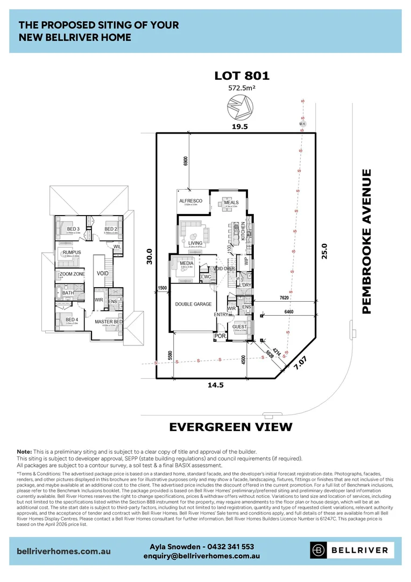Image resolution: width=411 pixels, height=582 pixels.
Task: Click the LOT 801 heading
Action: pos(242,75)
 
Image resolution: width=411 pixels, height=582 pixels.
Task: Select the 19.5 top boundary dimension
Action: pos(240,127)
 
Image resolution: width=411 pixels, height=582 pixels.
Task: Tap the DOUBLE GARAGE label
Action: pos(193,304)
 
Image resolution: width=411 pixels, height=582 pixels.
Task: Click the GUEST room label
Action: pos(239,327)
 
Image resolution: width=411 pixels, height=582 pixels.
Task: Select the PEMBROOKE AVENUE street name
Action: pos(367,241)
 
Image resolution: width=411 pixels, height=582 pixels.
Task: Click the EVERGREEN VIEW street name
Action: pos(231,427)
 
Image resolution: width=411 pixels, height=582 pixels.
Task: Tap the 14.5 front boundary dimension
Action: pos(219,385)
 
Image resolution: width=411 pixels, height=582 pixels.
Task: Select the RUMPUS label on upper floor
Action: pos(72,252)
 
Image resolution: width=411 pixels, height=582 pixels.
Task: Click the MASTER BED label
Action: pos(109,322)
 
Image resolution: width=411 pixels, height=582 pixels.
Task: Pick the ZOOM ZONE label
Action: pos(72,274)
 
